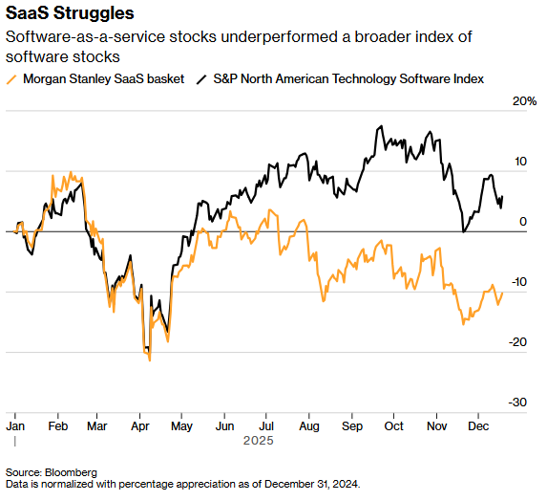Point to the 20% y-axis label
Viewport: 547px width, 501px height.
click(x=524, y=100)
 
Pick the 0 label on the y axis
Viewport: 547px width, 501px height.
click(x=522, y=222)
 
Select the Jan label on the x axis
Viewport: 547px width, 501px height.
click(x=15, y=425)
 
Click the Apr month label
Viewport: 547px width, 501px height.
click(x=139, y=425)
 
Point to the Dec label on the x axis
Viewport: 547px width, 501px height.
click(x=478, y=425)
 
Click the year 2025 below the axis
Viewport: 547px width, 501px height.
click(x=258, y=441)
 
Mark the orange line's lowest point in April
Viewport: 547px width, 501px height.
click(x=150, y=360)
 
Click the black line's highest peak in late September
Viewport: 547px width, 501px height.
click(x=380, y=125)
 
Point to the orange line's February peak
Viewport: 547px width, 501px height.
click(x=70, y=174)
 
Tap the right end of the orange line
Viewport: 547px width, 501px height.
click(x=503, y=293)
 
